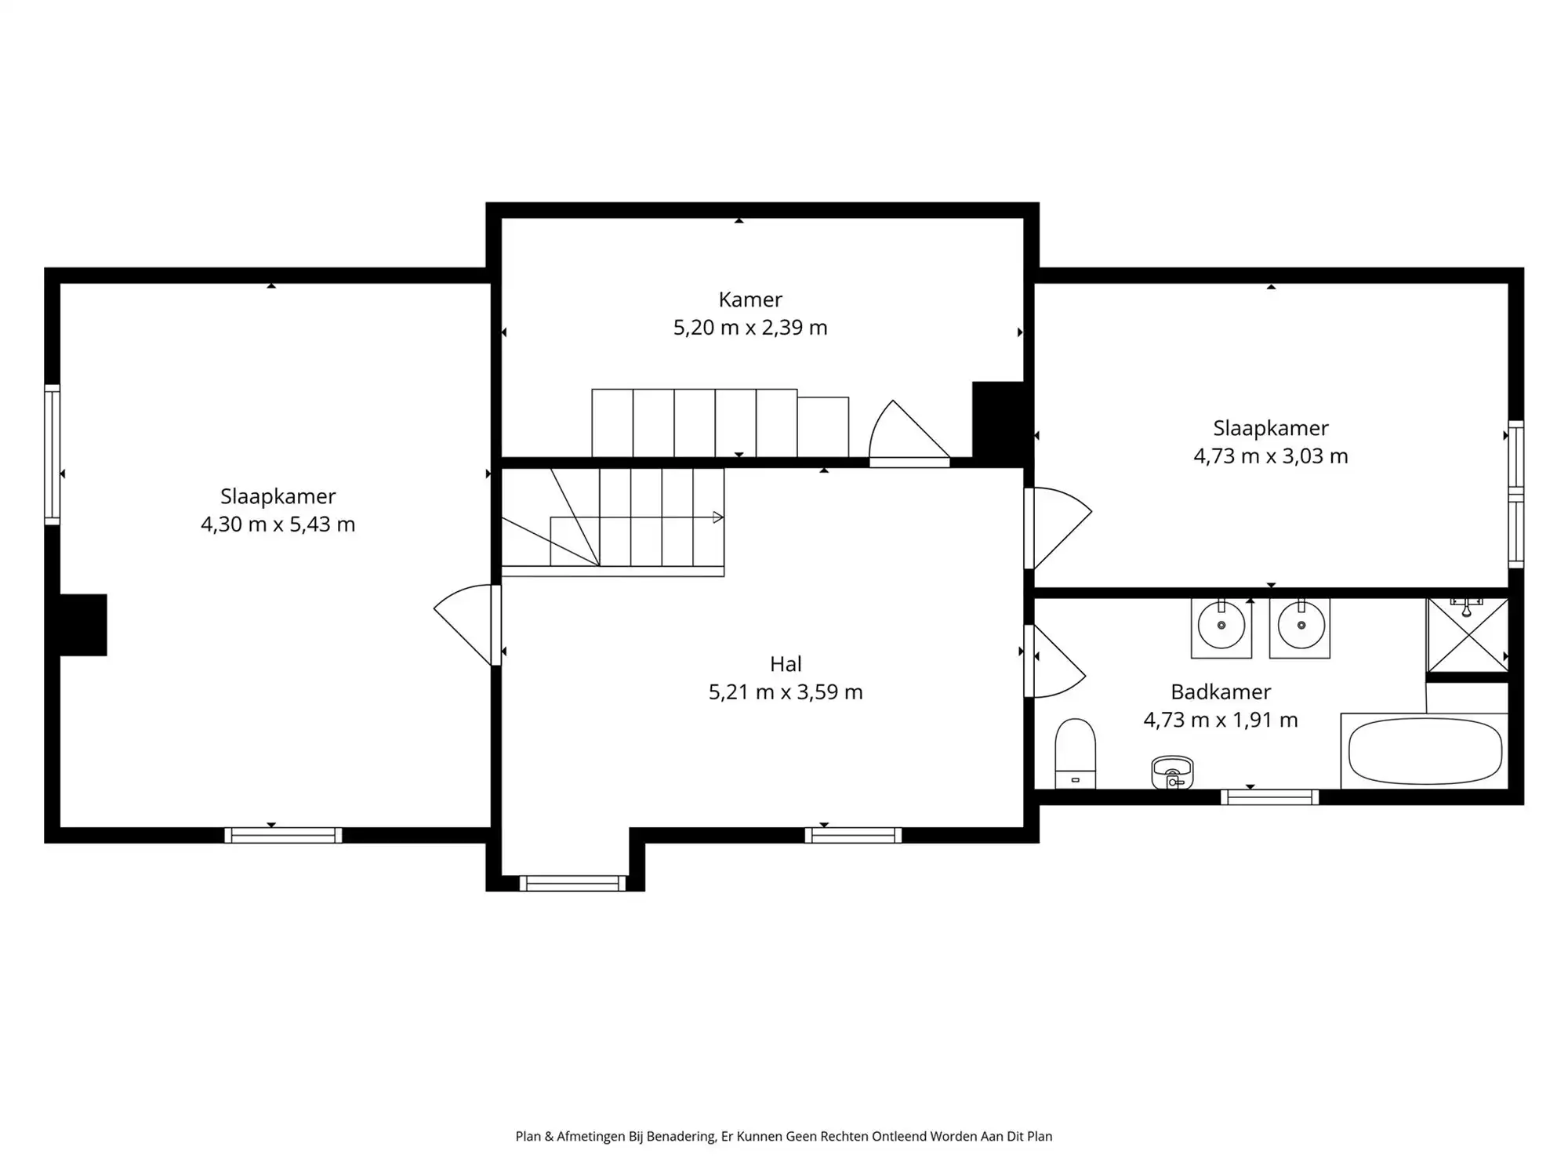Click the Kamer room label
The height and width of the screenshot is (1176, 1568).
click(750, 299)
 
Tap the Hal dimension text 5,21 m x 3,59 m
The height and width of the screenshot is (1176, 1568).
click(786, 692)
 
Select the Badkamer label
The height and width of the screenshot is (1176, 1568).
click(1220, 691)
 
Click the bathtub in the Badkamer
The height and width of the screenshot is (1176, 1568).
click(1425, 751)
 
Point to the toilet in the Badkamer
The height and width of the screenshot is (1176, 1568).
click(1075, 753)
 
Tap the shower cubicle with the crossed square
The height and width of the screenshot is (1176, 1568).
click(1467, 636)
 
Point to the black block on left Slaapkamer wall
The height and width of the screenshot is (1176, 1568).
click(83, 625)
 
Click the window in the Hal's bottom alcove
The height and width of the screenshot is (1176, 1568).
click(572, 884)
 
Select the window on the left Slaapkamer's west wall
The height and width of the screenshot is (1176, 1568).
click(52, 454)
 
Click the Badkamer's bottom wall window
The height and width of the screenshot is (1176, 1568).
click(1269, 797)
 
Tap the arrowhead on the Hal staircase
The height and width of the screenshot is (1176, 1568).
click(717, 517)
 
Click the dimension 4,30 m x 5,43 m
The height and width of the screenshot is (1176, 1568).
click(278, 524)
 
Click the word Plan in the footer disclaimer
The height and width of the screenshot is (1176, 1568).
click(528, 1136)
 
